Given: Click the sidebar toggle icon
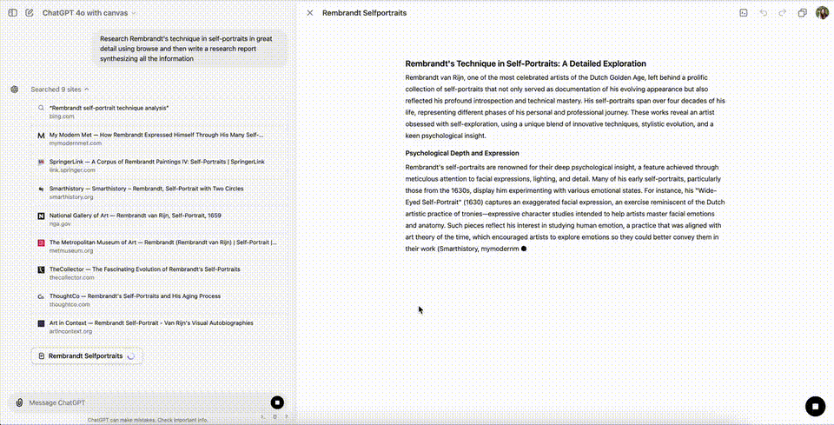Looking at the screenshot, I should click(12, 13).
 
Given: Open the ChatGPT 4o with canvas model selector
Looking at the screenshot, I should click(89, 13).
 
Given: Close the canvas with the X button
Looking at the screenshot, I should click(310, 13).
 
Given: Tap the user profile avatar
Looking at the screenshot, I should click(822, 13).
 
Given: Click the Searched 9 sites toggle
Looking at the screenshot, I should click(60, 89).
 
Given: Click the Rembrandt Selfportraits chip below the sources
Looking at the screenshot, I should click(85, 355).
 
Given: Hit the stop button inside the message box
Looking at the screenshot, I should click(276, 402).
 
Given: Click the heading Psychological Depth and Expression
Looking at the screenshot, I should click(462, 153).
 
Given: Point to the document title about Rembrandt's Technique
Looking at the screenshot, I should click(526, 63).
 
